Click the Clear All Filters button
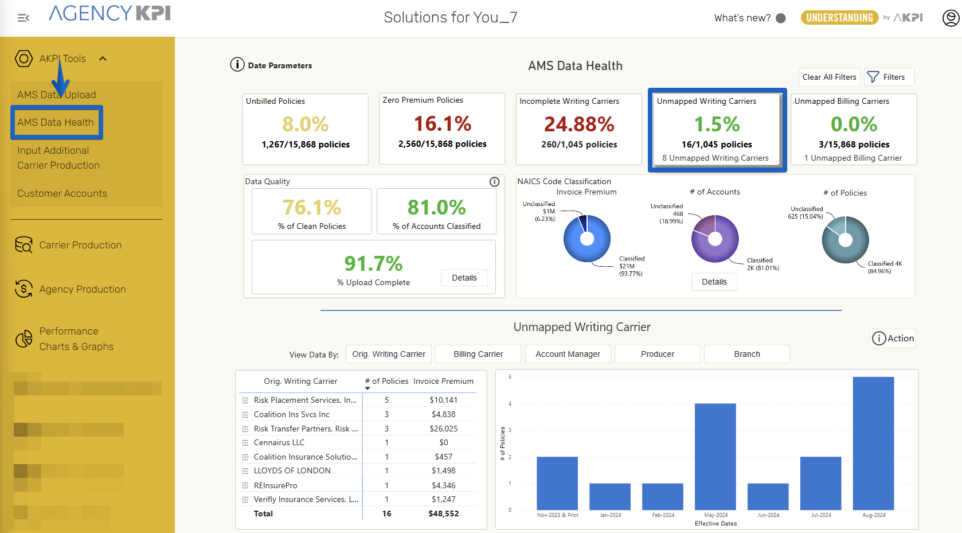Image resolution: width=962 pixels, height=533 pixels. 829,77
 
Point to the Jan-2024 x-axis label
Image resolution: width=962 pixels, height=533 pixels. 610,515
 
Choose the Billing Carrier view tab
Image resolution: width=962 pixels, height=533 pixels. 478,354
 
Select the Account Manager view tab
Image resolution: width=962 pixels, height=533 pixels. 568,354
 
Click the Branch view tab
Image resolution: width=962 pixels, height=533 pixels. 746,354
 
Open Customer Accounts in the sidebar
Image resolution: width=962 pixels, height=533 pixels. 62,193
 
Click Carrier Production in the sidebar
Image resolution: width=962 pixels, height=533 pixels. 80,245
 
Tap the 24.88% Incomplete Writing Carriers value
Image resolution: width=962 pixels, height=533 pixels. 579,124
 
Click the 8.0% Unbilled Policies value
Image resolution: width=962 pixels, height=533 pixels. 305,124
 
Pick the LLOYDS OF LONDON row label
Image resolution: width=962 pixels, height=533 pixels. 292,470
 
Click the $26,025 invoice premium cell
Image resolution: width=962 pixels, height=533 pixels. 443,429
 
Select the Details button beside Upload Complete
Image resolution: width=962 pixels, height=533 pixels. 464,278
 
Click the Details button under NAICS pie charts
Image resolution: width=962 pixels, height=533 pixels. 714,282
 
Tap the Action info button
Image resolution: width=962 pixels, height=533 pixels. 893,339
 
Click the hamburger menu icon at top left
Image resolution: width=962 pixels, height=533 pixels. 24,18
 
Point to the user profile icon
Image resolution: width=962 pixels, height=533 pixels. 951,18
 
